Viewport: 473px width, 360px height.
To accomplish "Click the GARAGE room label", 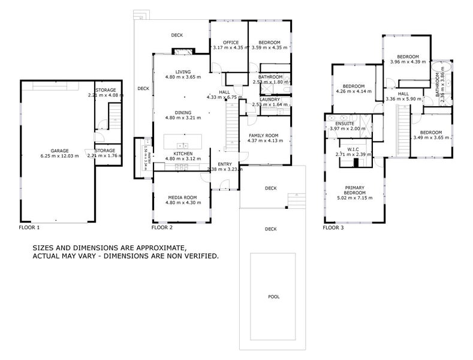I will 59,151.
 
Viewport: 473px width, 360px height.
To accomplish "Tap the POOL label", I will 273,297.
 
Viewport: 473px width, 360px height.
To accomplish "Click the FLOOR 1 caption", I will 29,228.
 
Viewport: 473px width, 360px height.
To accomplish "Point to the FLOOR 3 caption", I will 333,228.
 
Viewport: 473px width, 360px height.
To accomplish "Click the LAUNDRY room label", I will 269,100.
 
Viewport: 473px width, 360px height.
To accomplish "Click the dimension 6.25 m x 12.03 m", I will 59,156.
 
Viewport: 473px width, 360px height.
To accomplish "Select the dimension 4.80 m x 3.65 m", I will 183,77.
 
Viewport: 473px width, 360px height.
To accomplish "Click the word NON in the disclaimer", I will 175,256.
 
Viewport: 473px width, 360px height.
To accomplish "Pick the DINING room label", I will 183,112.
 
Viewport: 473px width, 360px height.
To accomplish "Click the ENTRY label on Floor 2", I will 224,164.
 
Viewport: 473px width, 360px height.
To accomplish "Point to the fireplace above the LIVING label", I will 183,52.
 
